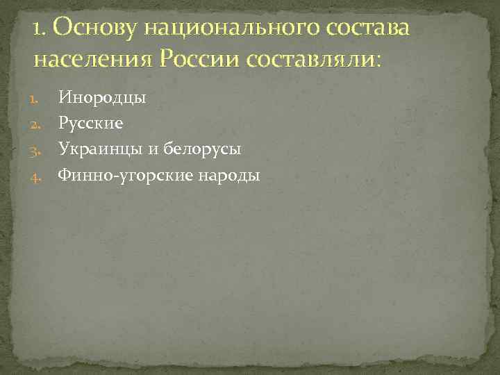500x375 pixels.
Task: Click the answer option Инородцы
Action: tap(101, 98)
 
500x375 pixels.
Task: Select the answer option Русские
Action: tap(91, 124)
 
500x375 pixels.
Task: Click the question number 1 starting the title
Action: tap(37, 29)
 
